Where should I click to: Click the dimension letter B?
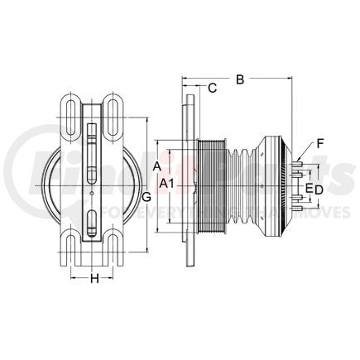[239, 80]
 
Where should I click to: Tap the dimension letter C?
[212, 88]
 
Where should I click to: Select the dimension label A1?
[167, 181]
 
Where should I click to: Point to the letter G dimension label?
[146, 196]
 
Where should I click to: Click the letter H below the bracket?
[94, 279]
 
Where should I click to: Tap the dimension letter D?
[318, 190]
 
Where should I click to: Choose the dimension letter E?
[309, 190]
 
